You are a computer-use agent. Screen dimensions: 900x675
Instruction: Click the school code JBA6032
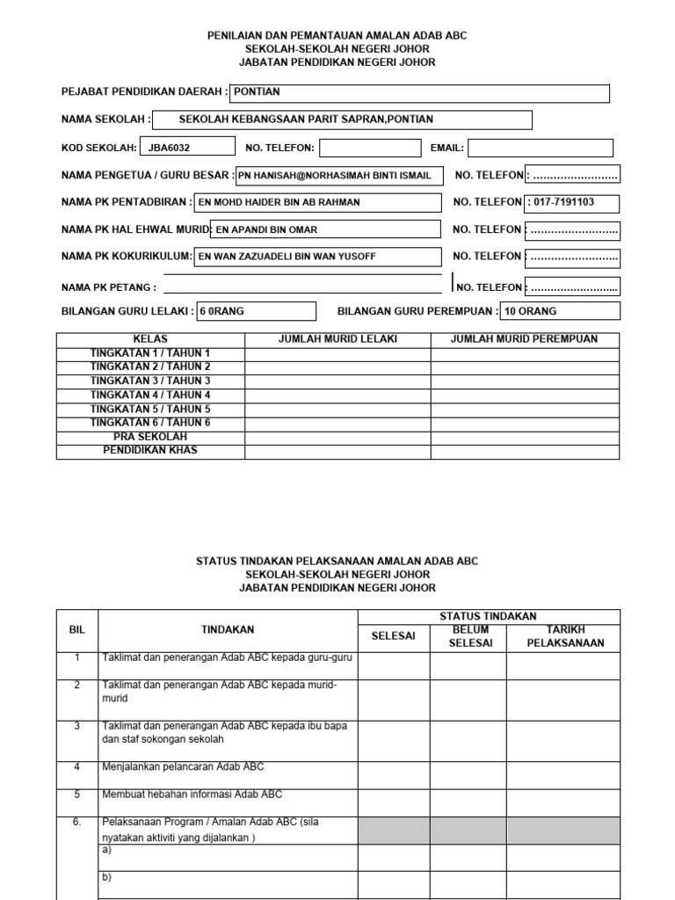point(169,148)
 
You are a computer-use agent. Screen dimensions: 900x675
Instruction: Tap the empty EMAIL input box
point(540,148)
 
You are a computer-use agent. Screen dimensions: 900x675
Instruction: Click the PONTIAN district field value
point(257,91)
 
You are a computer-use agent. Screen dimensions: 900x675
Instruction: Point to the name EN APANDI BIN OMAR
point(267,229)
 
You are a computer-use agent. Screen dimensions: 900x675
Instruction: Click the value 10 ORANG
point(530,311)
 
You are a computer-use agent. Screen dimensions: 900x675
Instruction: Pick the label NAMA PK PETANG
point(108,287)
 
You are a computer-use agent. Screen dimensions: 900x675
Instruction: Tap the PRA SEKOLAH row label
point(150,437)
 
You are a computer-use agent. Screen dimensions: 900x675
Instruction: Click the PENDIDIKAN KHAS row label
point(150,451)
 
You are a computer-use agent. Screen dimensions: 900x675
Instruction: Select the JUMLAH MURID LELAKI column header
point(337,339)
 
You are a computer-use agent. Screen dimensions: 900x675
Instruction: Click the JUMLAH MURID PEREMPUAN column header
point(524,339)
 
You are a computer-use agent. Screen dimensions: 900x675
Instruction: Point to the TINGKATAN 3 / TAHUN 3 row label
point(150,381)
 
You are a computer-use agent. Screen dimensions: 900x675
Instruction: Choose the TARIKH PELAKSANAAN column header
point(562,636)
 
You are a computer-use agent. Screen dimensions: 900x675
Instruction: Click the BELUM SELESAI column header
point(468,636)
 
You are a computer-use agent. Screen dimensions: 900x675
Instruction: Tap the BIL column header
point(77,629)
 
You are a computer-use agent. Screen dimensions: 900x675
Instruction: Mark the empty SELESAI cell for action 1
point(394,664)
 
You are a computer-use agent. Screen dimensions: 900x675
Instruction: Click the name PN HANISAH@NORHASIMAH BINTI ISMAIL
point(335,176)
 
